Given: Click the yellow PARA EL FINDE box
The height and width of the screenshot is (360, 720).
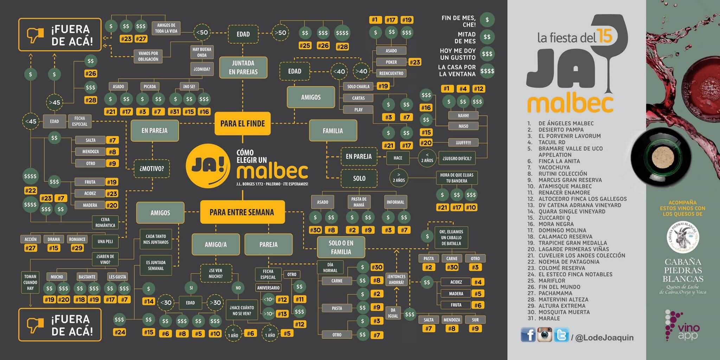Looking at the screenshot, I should (243, 123).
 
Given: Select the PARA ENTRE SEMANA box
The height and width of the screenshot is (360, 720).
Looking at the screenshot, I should (242, 212).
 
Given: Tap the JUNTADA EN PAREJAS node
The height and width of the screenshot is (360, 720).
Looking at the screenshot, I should (243, 67).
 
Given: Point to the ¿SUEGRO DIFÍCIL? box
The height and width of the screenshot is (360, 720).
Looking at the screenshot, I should (457, 158).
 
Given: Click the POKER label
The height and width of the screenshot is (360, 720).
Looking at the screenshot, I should (391, 62).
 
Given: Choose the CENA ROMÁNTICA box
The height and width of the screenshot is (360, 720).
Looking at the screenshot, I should (105, 222).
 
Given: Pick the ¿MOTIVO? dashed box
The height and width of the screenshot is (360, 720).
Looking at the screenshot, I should (152, 168).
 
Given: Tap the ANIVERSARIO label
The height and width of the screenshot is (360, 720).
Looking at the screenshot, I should (268, 288).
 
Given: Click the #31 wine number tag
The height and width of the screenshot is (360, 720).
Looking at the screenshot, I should (174, 112).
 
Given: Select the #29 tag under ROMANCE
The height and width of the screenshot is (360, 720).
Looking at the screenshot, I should (77, 248).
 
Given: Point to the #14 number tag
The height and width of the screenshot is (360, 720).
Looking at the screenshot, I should (149, 301).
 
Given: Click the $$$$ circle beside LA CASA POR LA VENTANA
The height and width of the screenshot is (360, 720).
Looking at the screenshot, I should (487, 71).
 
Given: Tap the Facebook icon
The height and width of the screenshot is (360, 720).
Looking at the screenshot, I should (528, 335).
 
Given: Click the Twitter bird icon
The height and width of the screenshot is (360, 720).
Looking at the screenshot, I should (561, 335).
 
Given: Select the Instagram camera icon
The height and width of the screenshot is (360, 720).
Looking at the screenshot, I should (545, 334).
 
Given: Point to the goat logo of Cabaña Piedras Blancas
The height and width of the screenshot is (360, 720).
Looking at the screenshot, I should (683, 237).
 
